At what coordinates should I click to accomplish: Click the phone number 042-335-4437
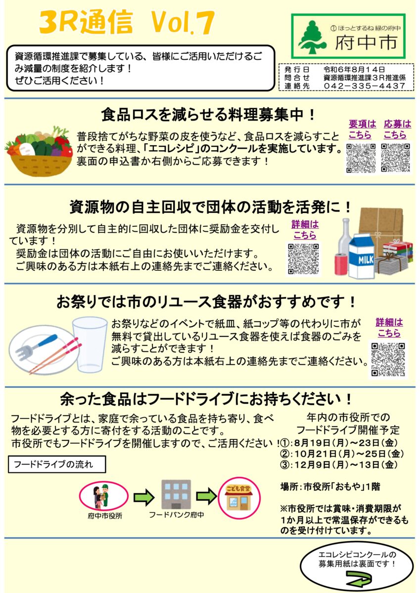[x=364, y=86]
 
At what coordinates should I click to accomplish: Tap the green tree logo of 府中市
[x=312, y=37]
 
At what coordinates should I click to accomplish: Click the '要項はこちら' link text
[x=362, y=129]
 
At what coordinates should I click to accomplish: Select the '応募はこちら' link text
[x=397, y=129]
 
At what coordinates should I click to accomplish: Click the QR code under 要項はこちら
[x=361, y=158]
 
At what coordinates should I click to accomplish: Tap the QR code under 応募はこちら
[x=396, y=158]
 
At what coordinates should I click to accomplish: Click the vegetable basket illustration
[x=39, y=151]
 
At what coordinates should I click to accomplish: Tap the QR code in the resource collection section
[x=303, y=259]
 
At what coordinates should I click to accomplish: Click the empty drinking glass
[x=90, y=345]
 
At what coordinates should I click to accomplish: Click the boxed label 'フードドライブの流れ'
[x=57, y=464]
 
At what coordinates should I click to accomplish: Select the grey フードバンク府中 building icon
[x=176, y=495]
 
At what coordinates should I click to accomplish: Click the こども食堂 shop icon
[x=239, y=498]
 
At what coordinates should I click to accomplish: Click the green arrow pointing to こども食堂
[x=206, y=496]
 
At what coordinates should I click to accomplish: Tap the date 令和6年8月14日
[x=354, y=70]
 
